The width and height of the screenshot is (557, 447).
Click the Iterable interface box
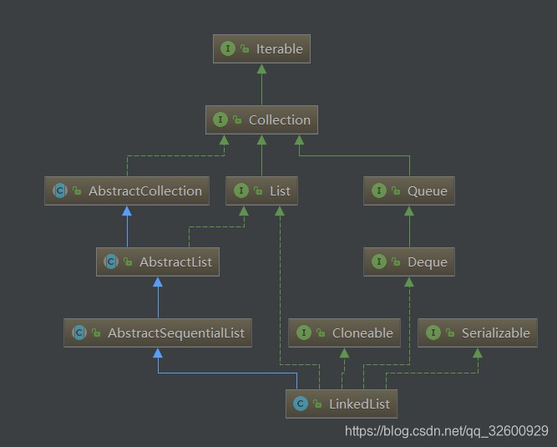[x=261, y=48]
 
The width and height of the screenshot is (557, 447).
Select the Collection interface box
[x=261, y=119]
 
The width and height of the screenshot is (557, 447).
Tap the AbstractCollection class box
[x=127, y=190]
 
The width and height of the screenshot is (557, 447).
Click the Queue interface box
[x=408, y=190]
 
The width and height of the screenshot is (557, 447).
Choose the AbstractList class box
[x=157, y=262]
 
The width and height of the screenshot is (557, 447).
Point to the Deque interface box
[x=408, y=262]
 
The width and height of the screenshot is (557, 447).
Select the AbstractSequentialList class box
[x=158, y=333]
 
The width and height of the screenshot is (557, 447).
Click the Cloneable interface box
[x=344, y=333]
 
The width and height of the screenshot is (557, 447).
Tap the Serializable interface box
[x=478, y=333]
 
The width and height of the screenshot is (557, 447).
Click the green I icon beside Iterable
[x=227, y=48]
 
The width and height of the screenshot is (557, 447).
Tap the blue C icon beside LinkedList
[x=300, y=404]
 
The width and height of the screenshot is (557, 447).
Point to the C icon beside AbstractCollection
[x=59, y=190]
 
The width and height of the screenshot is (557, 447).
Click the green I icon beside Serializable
[x=433, y=333]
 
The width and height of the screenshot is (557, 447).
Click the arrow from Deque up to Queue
[x=408, y=226]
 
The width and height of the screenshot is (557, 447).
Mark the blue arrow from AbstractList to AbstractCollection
[x=127, y=226]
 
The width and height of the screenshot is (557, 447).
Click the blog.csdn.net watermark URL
[x=446, y=431]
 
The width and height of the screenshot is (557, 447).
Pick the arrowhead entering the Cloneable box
[x=344, y=352]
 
